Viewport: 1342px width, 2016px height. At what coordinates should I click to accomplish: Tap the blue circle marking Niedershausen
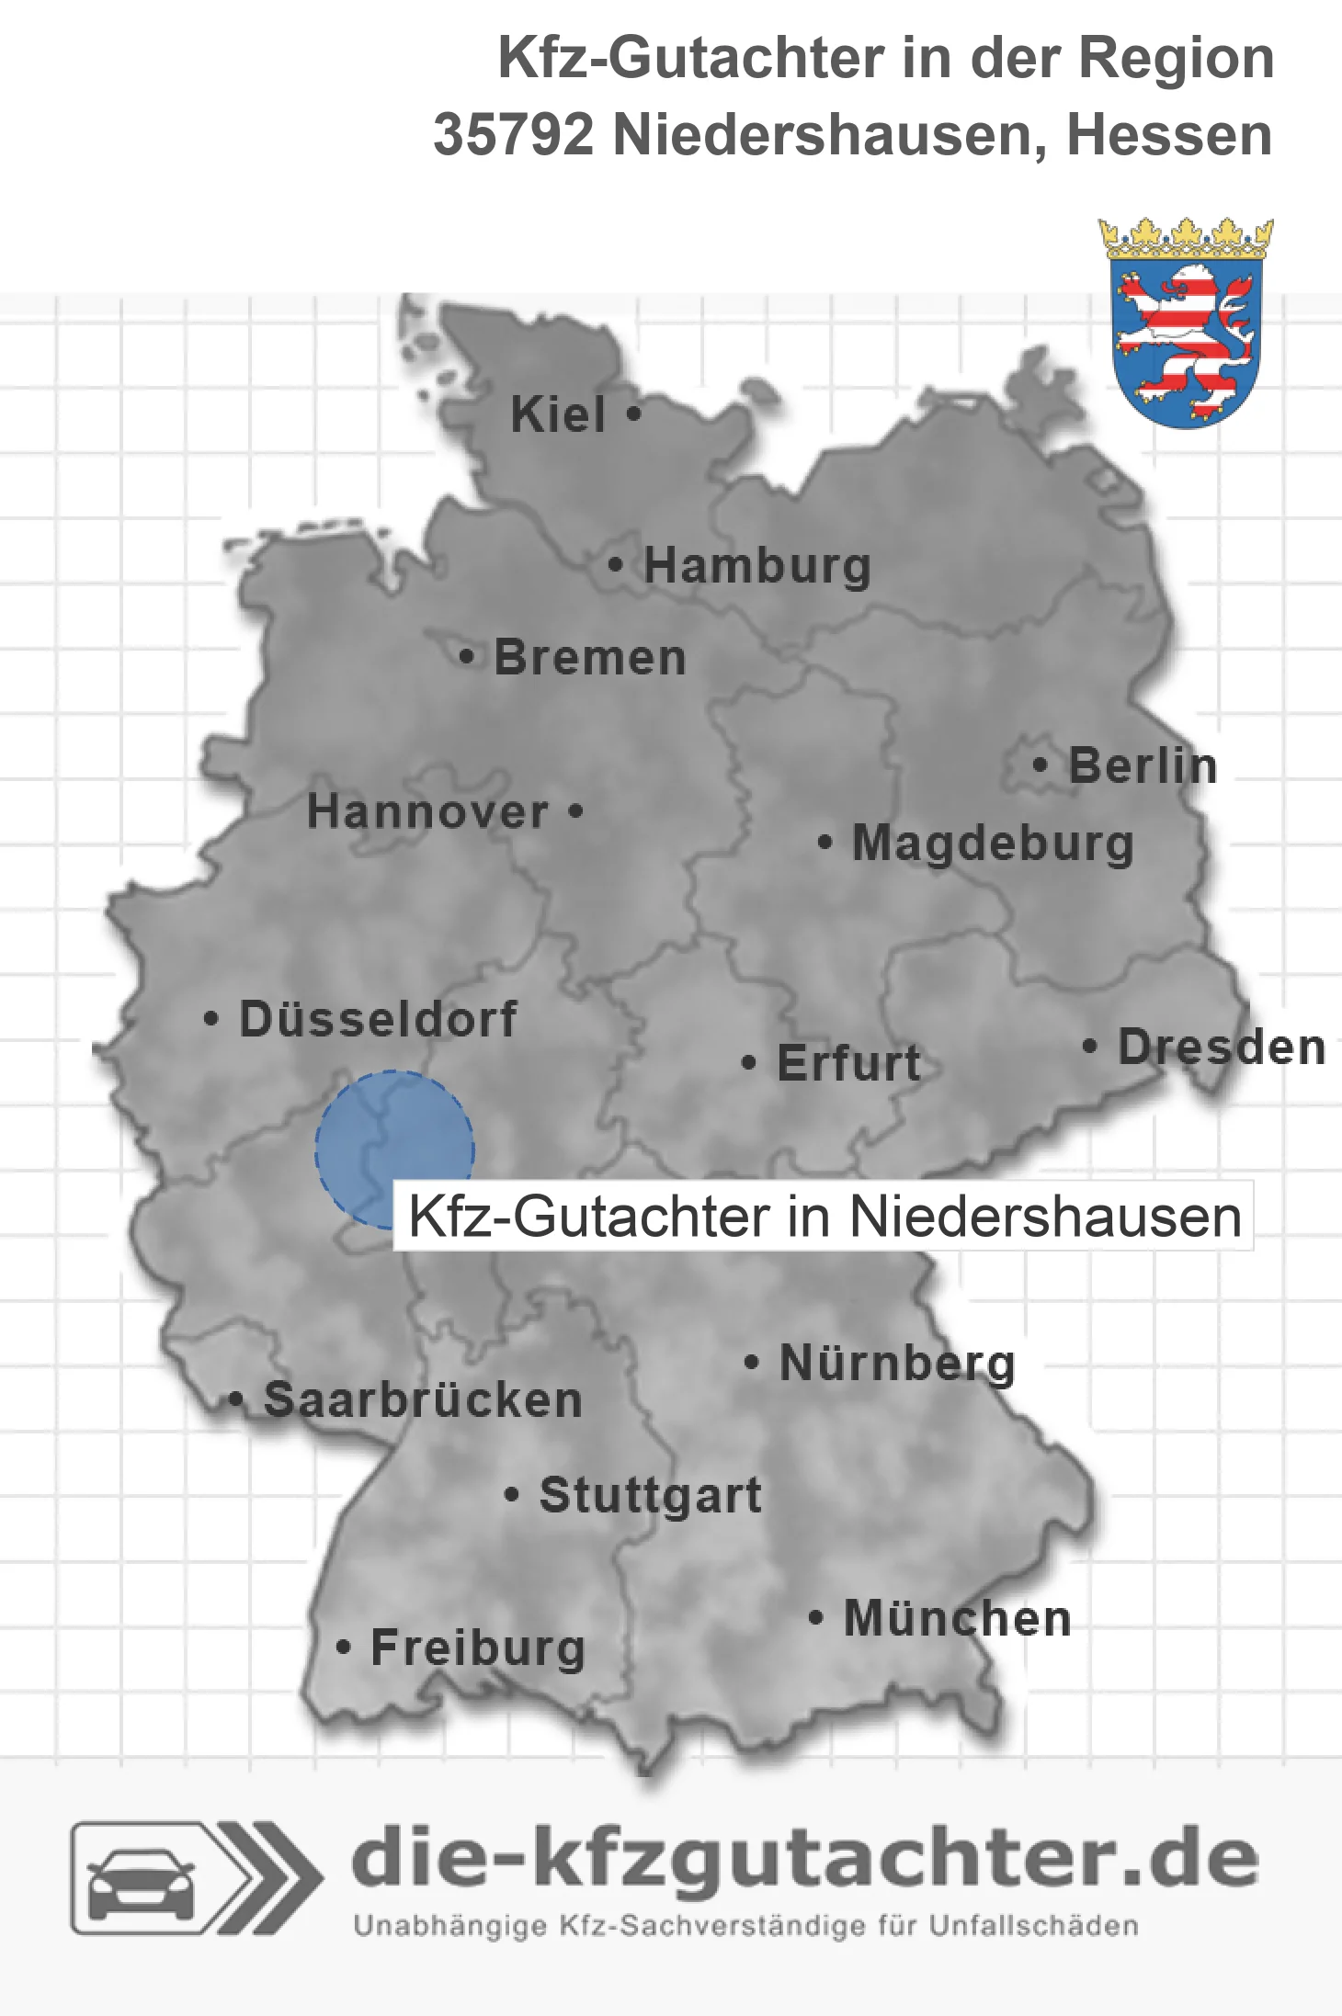coord(394,1149)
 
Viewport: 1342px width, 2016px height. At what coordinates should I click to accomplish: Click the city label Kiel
coord(558,414)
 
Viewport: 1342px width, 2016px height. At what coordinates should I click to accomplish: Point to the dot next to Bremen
coord(467,657)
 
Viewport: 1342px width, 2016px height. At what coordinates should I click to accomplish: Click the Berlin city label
coord(1143,765)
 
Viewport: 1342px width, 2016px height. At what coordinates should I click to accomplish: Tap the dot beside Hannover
coord(575,810)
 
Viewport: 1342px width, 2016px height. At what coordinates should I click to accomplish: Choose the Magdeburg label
coord(993,844)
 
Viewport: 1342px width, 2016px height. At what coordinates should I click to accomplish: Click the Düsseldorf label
coord(378,1019)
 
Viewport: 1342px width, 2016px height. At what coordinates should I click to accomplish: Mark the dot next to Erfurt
coord(749,1063)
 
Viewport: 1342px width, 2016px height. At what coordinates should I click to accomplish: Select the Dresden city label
coord(1222,1047)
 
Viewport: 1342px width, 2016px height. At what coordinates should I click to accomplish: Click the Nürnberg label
coord(897,1363)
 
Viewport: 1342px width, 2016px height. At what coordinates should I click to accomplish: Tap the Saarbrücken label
coord(423,1399)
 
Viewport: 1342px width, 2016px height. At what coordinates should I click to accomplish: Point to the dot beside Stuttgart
coord(512,1495)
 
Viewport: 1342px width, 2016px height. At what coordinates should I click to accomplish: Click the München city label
coord(958,1618)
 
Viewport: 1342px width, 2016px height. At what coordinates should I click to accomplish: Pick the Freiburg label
coord(478,1648)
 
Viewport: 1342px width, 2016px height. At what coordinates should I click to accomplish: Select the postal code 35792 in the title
coord(514,135)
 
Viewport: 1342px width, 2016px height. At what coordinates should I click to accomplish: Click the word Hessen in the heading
coord(1169,135)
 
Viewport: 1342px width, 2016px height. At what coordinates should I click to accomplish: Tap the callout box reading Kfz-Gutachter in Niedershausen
coord(824,1217)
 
